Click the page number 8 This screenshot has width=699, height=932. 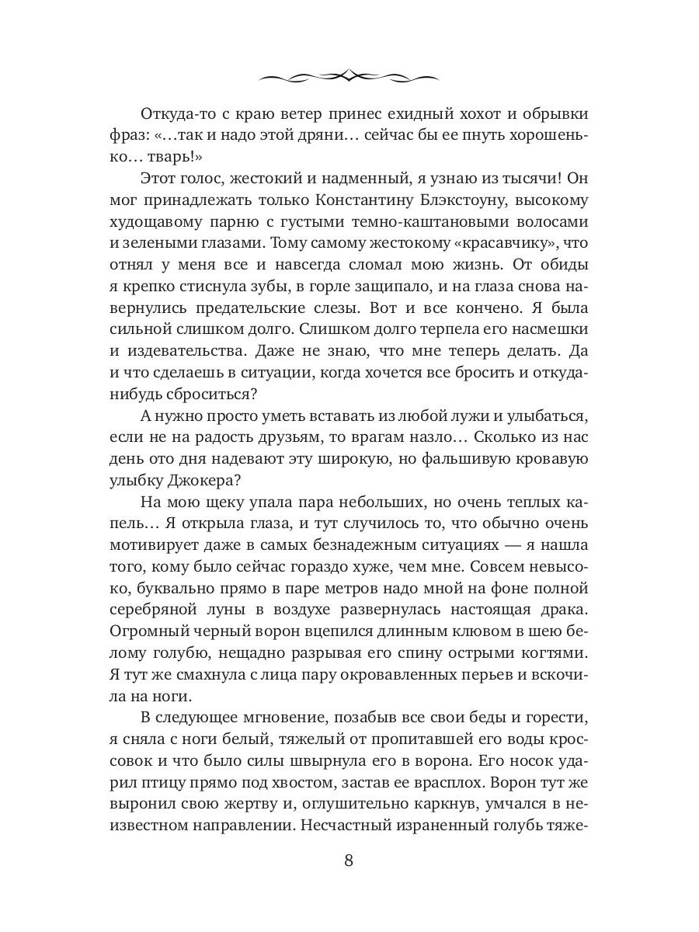pos(349,861)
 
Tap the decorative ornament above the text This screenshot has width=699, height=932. pos(349,75)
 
